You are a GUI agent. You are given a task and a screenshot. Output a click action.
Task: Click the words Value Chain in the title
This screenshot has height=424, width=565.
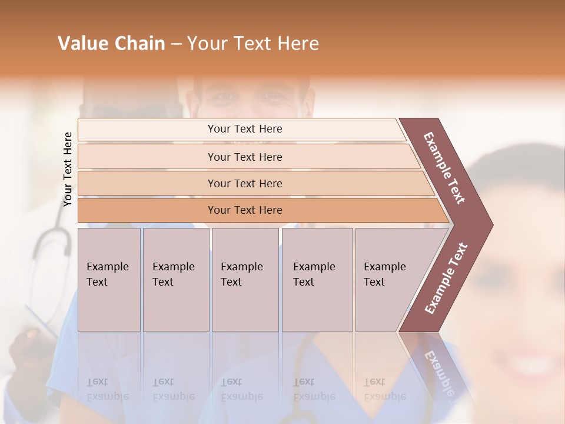111,44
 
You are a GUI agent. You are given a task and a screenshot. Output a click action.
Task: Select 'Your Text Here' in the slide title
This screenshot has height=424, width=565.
253,44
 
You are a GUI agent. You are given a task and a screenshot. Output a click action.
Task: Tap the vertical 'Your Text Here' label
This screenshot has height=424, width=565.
68,169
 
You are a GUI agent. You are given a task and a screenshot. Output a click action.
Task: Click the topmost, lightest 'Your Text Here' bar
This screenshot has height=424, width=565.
245,129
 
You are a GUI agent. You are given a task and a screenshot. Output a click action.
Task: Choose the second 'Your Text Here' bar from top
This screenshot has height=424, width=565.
245,157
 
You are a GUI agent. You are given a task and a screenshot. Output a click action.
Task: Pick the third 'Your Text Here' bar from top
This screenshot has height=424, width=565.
245,184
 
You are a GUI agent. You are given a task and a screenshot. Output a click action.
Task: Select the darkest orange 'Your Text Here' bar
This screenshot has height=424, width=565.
245,210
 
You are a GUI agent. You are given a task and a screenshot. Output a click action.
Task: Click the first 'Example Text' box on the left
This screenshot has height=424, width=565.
109,280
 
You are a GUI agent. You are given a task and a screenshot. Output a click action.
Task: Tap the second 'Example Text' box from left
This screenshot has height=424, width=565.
175,280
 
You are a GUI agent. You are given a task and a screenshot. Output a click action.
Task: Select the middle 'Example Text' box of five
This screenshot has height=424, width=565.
244,280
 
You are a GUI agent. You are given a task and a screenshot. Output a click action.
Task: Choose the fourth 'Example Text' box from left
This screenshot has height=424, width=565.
317,280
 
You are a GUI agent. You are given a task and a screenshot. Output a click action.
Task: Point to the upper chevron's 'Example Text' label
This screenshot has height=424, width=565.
444,168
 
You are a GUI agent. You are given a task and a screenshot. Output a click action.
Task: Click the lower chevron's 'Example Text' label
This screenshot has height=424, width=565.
446,278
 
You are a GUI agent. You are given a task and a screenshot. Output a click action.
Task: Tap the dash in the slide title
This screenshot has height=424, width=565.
176,44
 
